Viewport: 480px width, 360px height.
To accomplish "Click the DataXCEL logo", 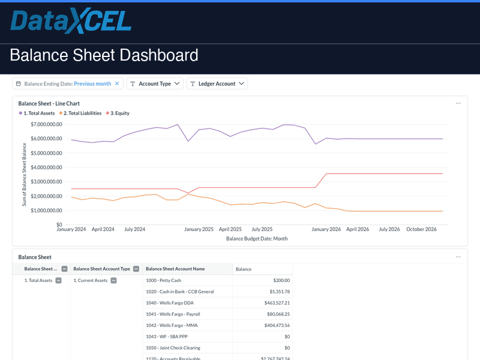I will [71, 21].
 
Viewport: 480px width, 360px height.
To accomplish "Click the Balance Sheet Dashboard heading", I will [104, 56].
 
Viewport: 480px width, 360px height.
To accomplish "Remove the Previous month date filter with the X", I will [117, 84].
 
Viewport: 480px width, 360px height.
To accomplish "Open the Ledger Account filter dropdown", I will [217, 84].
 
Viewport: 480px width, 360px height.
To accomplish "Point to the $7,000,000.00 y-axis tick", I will [46, 124].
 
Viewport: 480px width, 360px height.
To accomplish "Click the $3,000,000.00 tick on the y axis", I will [46, 182].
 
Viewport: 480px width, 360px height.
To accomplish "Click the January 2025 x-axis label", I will [199, 229].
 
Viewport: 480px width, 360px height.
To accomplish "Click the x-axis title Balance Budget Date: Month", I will [257, 238].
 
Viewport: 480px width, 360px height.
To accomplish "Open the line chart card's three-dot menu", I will [458, 103].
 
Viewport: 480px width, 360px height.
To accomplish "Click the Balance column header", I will [244, 269].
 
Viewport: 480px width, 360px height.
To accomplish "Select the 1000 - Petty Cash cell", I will [163, 280].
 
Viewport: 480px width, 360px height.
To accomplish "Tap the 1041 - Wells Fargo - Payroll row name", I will [173, 314].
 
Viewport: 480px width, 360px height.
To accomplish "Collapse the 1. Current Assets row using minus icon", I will [113, 280].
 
